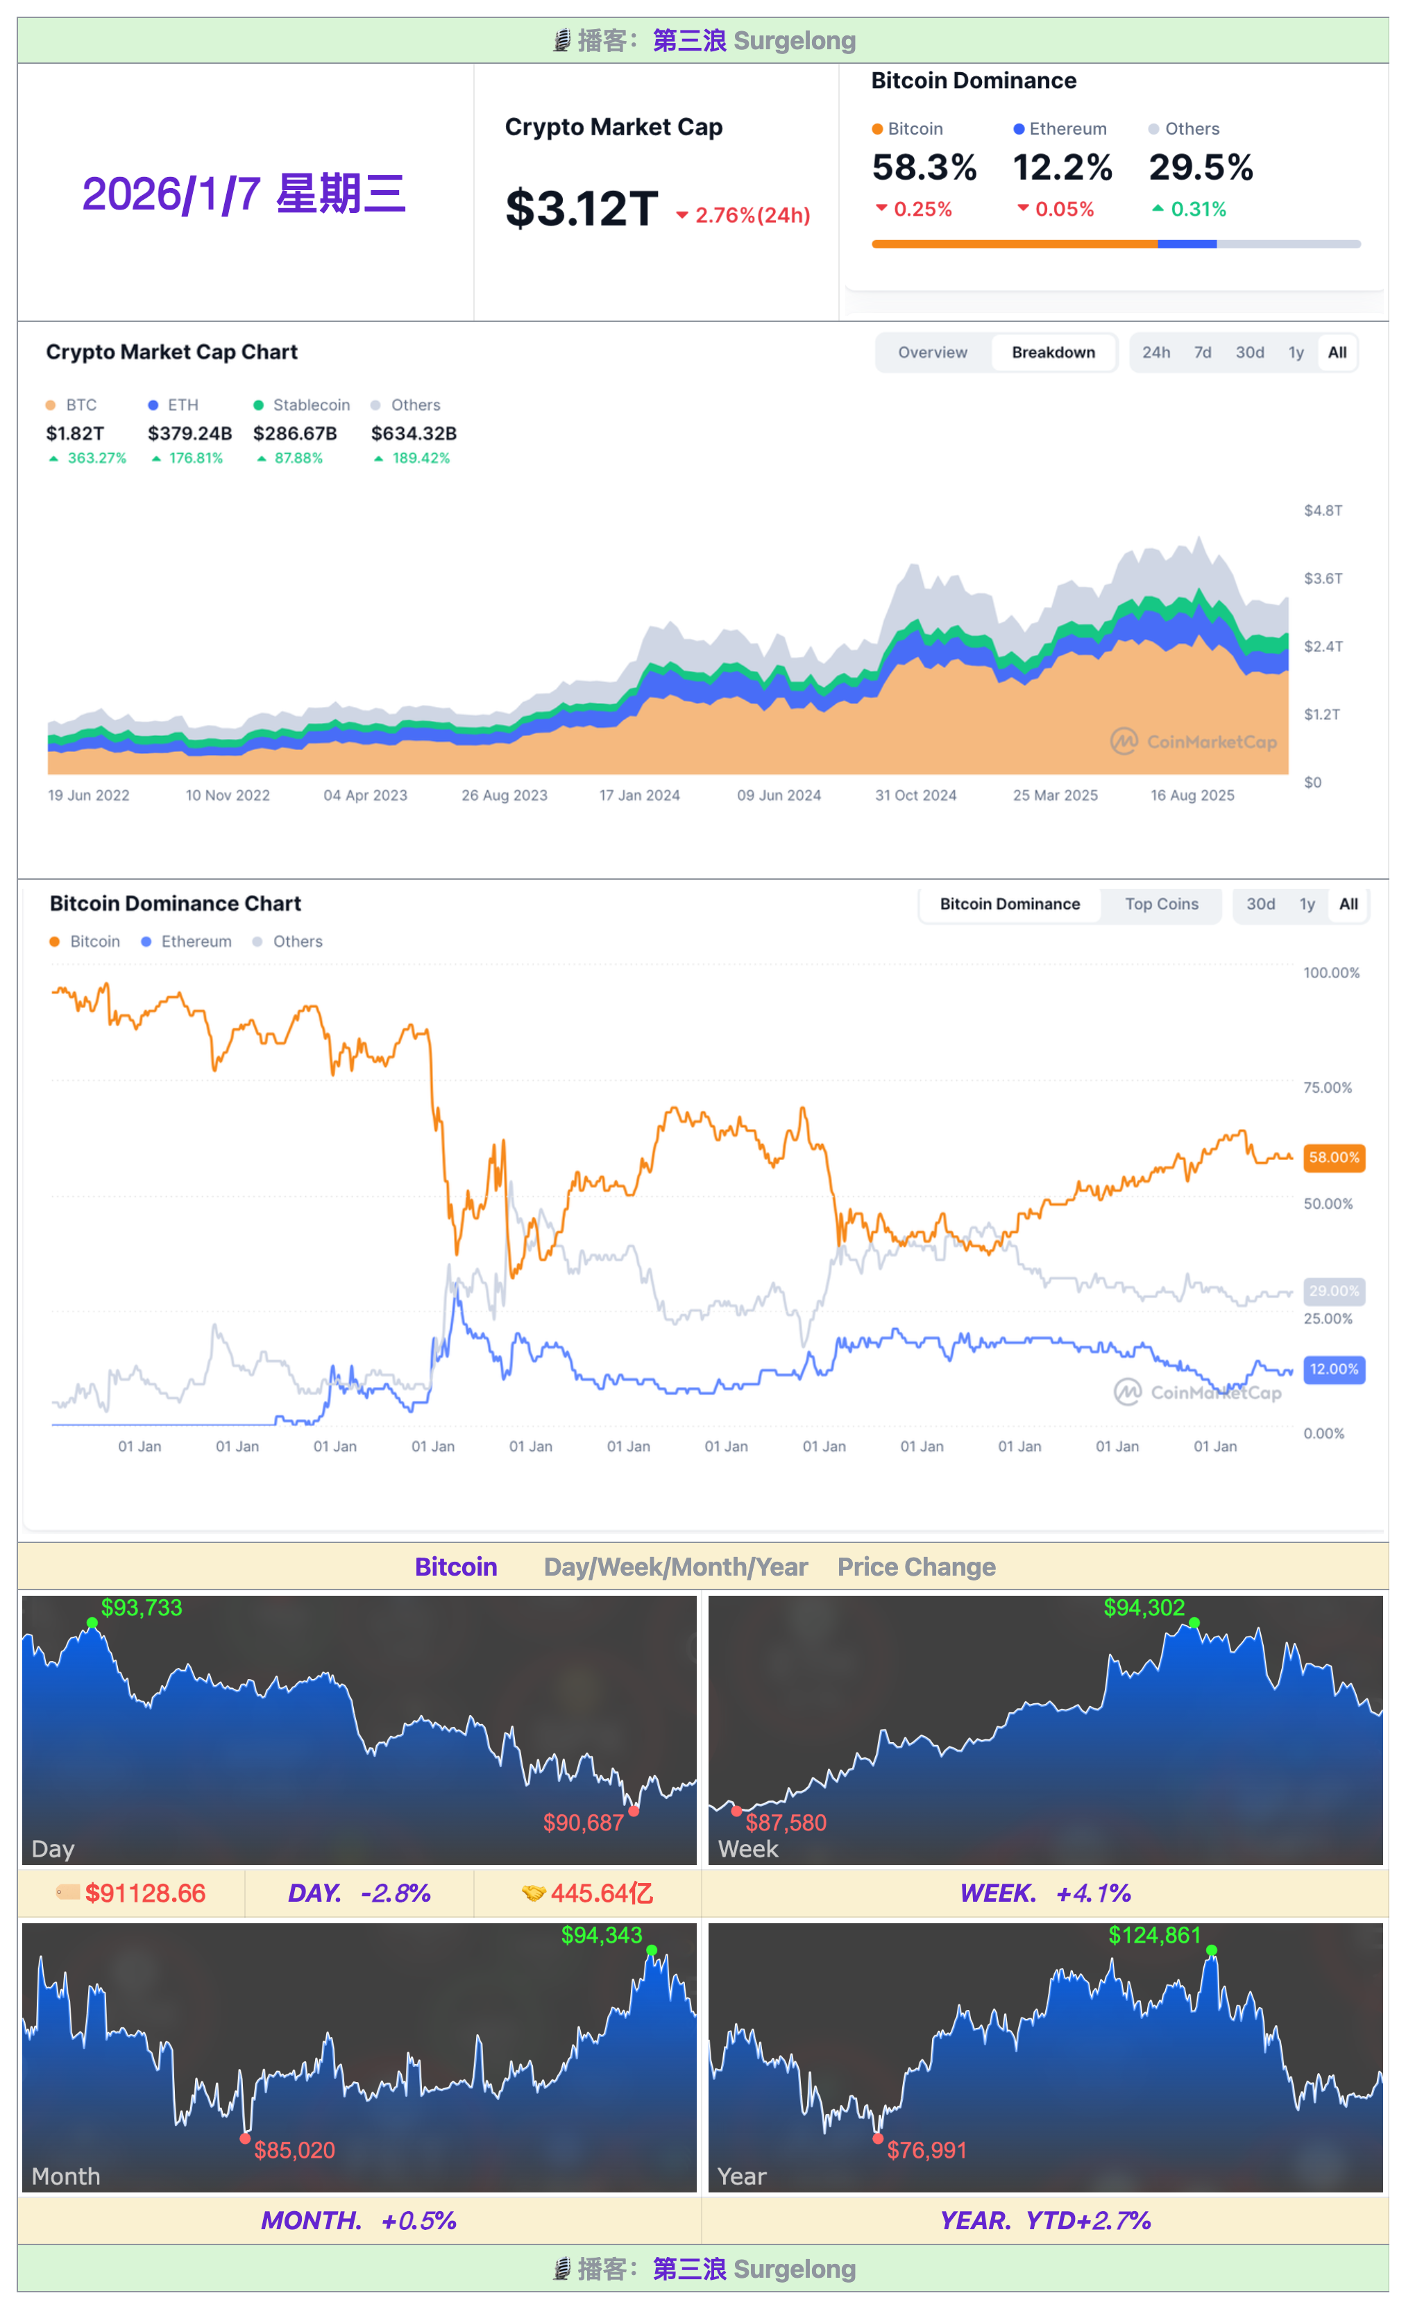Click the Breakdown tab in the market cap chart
1053,352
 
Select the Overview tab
932,352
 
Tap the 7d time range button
1202,352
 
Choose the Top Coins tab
1160,904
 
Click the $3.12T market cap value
581,208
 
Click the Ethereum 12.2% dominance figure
1062,168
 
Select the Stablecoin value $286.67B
294,433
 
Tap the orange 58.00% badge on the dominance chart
1333,1157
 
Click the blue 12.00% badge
1333,1369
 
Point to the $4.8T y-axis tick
1323,511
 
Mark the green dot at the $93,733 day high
92,1623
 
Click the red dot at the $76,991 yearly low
877,2138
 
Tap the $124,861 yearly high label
1154,1935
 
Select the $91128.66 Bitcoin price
144,1893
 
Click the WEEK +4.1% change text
1044,1893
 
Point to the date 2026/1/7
244,194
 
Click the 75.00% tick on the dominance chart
1328,1088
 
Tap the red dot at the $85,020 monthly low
245,2138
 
